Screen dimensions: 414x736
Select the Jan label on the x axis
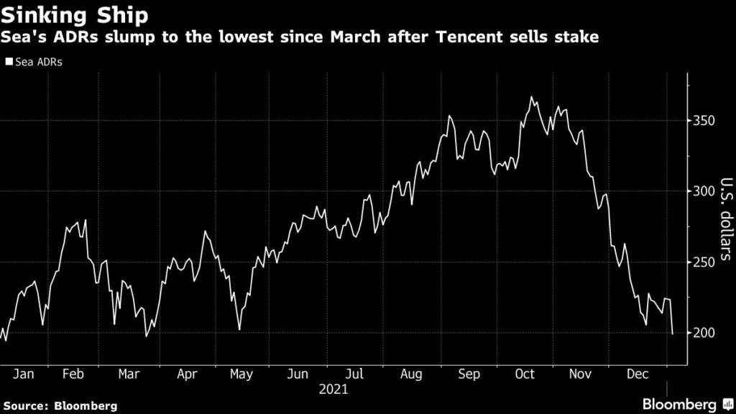[24, 374]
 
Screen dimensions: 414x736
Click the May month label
[241, 374]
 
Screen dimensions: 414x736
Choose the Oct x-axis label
[524, 374]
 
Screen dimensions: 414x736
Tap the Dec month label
[637, 374]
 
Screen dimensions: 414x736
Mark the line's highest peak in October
[531, 96]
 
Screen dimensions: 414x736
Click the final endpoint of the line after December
[672, 334]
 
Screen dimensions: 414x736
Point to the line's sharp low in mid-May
[239, 330]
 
